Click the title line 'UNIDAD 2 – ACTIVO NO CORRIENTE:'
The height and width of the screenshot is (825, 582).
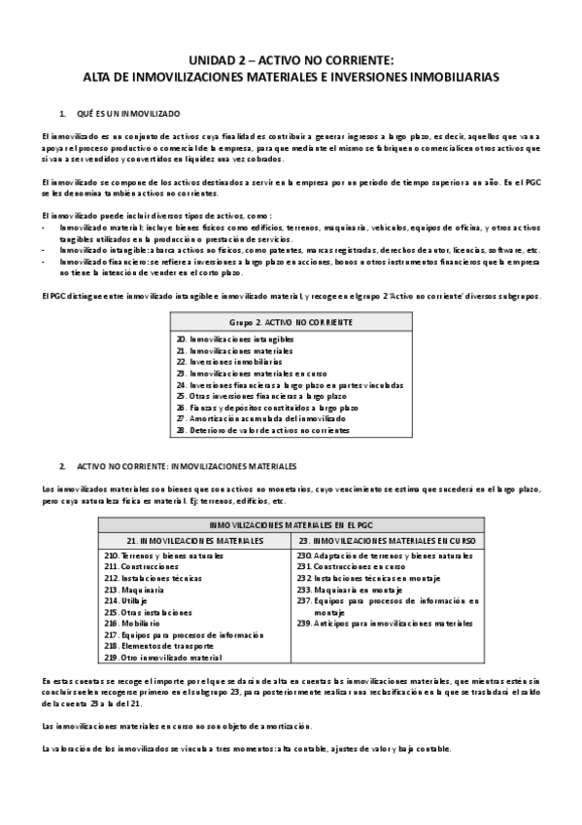tap(291, 59)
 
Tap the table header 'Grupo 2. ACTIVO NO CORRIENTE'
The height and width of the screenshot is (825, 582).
tap(291, 321)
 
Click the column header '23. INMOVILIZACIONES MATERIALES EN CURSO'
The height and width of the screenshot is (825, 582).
tap(387, 539)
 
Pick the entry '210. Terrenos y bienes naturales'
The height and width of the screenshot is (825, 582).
tap(162, 555)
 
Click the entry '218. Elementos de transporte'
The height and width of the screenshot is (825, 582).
tap(155, 646)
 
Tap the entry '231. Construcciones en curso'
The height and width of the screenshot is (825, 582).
tap(350, 566)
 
